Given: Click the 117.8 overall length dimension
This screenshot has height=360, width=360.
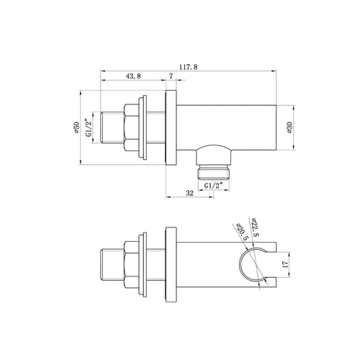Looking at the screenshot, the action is pyautogui.click(x=189, y=67).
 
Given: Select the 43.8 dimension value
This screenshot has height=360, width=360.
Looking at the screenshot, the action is pyautogui.click(x=133, y=76).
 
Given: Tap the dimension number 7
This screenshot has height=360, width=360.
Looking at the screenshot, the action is pyautogui.click(x=171, y=76).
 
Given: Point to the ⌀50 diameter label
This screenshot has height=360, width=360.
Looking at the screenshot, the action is pyautogui.click(x=76, y=127).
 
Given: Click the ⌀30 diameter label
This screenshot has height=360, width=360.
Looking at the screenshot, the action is pyautogui.click(x=289, y=127).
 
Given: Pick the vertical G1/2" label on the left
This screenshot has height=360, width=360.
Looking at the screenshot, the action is pyautogui.click(x=89, y=127).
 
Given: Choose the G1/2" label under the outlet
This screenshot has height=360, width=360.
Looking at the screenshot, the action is pyautogui.click(x=214, y=186).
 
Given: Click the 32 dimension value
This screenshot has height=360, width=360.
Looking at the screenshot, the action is pyautogui.click(x=189, y=193).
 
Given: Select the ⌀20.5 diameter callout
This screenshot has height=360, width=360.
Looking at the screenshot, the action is pyautogui.click(x=242, y=232).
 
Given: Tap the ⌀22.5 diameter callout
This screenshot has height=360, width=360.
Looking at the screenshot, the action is pyautogui.click(x=255, y=227).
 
